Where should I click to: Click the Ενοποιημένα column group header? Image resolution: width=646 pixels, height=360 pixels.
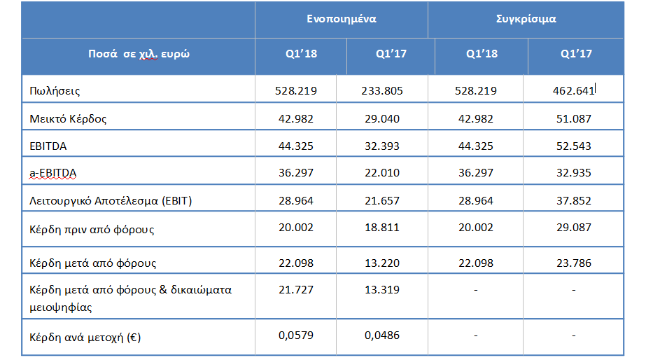point(341,19)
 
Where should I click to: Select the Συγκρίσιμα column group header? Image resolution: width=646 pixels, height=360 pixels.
point(526,19)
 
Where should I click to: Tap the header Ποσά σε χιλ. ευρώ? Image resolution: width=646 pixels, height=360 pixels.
point(139,54)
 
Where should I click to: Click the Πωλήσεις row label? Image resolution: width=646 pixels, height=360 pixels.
point(55,91)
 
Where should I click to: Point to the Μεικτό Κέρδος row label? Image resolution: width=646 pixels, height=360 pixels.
point(68,119)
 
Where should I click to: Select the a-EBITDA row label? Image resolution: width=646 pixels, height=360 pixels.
point(52,173)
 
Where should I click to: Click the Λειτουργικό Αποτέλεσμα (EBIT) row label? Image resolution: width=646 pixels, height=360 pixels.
point(111,201)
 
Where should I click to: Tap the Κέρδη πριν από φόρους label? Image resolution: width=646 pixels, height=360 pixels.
point(92,229)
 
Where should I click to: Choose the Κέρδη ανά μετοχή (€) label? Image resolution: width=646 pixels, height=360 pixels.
point(85,338)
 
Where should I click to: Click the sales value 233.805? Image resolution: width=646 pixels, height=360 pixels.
point(382,91)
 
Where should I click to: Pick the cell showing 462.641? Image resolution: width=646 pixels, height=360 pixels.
point(573,91)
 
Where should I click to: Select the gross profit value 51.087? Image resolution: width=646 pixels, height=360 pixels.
point(573,119)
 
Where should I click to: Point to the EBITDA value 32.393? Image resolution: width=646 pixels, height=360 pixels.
point(382,146)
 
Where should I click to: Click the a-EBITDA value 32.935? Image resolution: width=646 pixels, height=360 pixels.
point(573,173)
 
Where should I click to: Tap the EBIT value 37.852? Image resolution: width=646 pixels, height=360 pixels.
point(573,201)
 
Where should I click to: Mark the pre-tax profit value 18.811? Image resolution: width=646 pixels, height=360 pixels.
point(382,228)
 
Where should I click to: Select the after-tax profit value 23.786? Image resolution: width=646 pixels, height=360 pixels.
point(573,263)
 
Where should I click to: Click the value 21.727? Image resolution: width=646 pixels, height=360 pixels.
point(296,290)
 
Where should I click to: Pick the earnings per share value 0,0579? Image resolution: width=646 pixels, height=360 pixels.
point(296,335)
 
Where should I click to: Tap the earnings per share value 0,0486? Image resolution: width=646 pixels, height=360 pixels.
point(382,335)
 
